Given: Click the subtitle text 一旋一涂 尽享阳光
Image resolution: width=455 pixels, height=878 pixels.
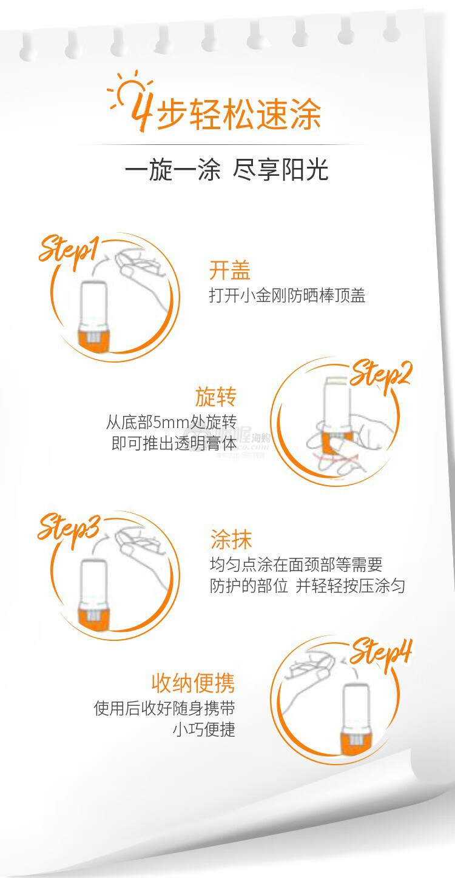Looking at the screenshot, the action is coord(226,170).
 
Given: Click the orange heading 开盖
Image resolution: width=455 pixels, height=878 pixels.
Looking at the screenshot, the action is coord(229,270).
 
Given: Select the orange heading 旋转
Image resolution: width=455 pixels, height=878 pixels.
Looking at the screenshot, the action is coord(216,397).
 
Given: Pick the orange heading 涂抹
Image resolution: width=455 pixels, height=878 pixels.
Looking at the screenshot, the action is coord(231,539).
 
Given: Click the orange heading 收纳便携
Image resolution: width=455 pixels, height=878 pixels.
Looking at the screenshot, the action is coord(194,683).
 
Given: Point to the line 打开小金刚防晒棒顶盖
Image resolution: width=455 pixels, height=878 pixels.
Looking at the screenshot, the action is coord(287,295).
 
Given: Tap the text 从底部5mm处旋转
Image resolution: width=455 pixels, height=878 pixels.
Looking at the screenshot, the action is coord(172,422).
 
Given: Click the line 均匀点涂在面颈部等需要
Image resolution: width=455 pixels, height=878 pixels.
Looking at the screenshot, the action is coord(296,565).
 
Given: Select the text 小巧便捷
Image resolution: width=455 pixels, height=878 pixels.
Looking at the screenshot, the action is coord(204,729).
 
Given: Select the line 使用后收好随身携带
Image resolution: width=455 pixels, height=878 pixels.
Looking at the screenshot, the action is coord(164,708).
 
